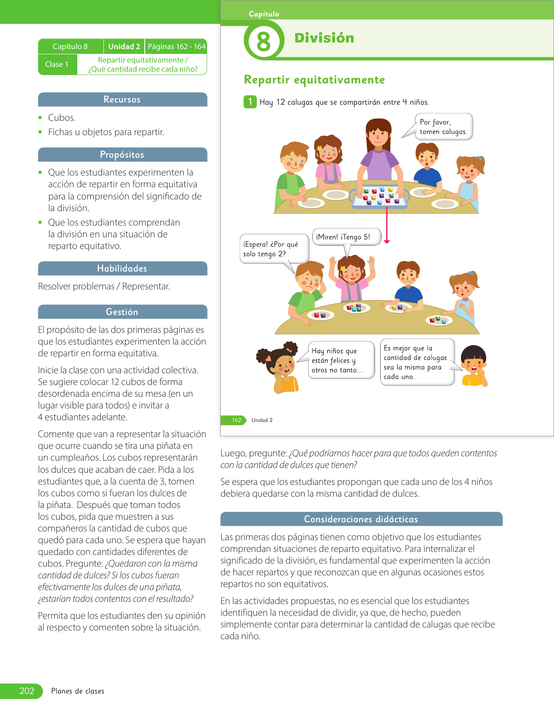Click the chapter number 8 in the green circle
click(x=263, y=42)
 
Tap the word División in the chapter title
click(x=324, y=38)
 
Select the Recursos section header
click(x=122, y=100)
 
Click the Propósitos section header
click(x=122, y=155)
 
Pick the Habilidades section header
click(x=122, y=269)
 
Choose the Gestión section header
click(x=122, y=312)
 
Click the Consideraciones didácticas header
click(x=361, y=519)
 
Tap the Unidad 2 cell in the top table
click(x=124, y=46)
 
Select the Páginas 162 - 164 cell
click(x=176, y=46)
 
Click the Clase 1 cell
click(x=57, y=64)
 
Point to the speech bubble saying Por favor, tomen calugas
click(x=443, y=127)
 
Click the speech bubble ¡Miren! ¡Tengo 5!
click(x=346, y=237)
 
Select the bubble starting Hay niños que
click(x=341, y=360)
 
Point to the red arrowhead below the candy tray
click(x=387, y=241)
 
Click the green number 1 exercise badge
click(x=250, y=102)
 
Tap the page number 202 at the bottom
click(x=27, y=691)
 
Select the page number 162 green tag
click(x=236, y=420)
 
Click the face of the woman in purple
click(x=378, y=135)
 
